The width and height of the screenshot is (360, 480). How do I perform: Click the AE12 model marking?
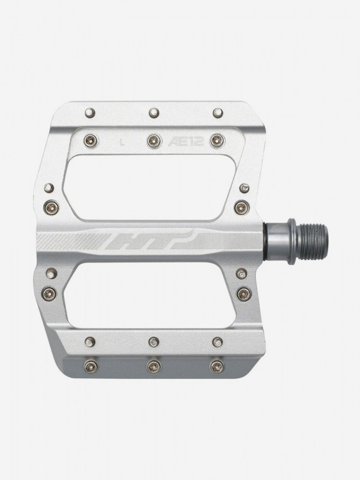(x=185, y=141)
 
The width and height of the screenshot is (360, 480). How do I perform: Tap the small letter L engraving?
(x=122, y=141)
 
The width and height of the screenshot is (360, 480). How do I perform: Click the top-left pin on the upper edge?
(x=90, y=113)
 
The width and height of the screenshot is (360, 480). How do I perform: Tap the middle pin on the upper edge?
(x=154, y=113)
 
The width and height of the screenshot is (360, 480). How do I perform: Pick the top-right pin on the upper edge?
(x=218, y=113)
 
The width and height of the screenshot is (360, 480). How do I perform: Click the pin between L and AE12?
(x=155, y=141)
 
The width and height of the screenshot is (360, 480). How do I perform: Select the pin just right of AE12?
(x=217, y=141)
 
